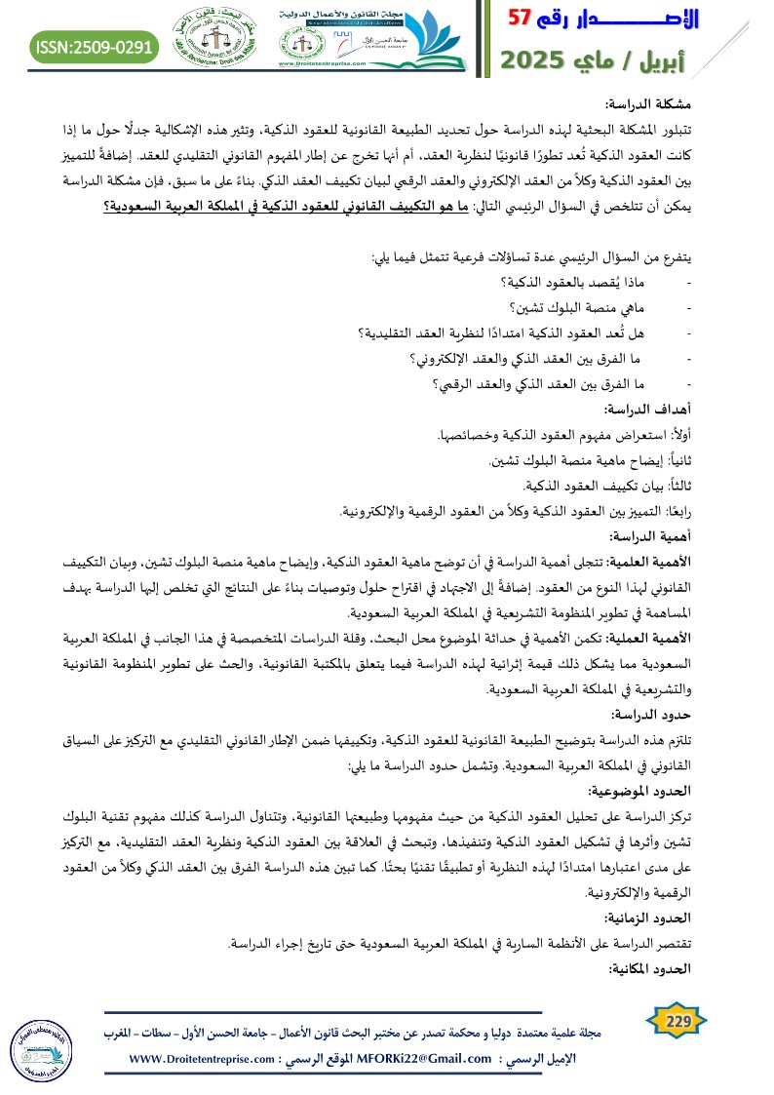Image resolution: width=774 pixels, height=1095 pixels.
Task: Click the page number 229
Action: (x=678, y=1020)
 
